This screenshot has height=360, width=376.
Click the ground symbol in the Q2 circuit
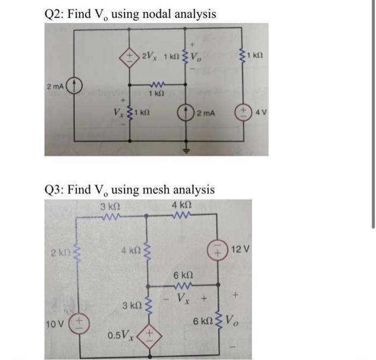click(187, 152)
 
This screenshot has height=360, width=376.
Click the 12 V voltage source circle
click(220, 251)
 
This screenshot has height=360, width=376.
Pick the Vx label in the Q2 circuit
click(118, 113)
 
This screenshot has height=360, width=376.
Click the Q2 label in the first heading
click(53, 13)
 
